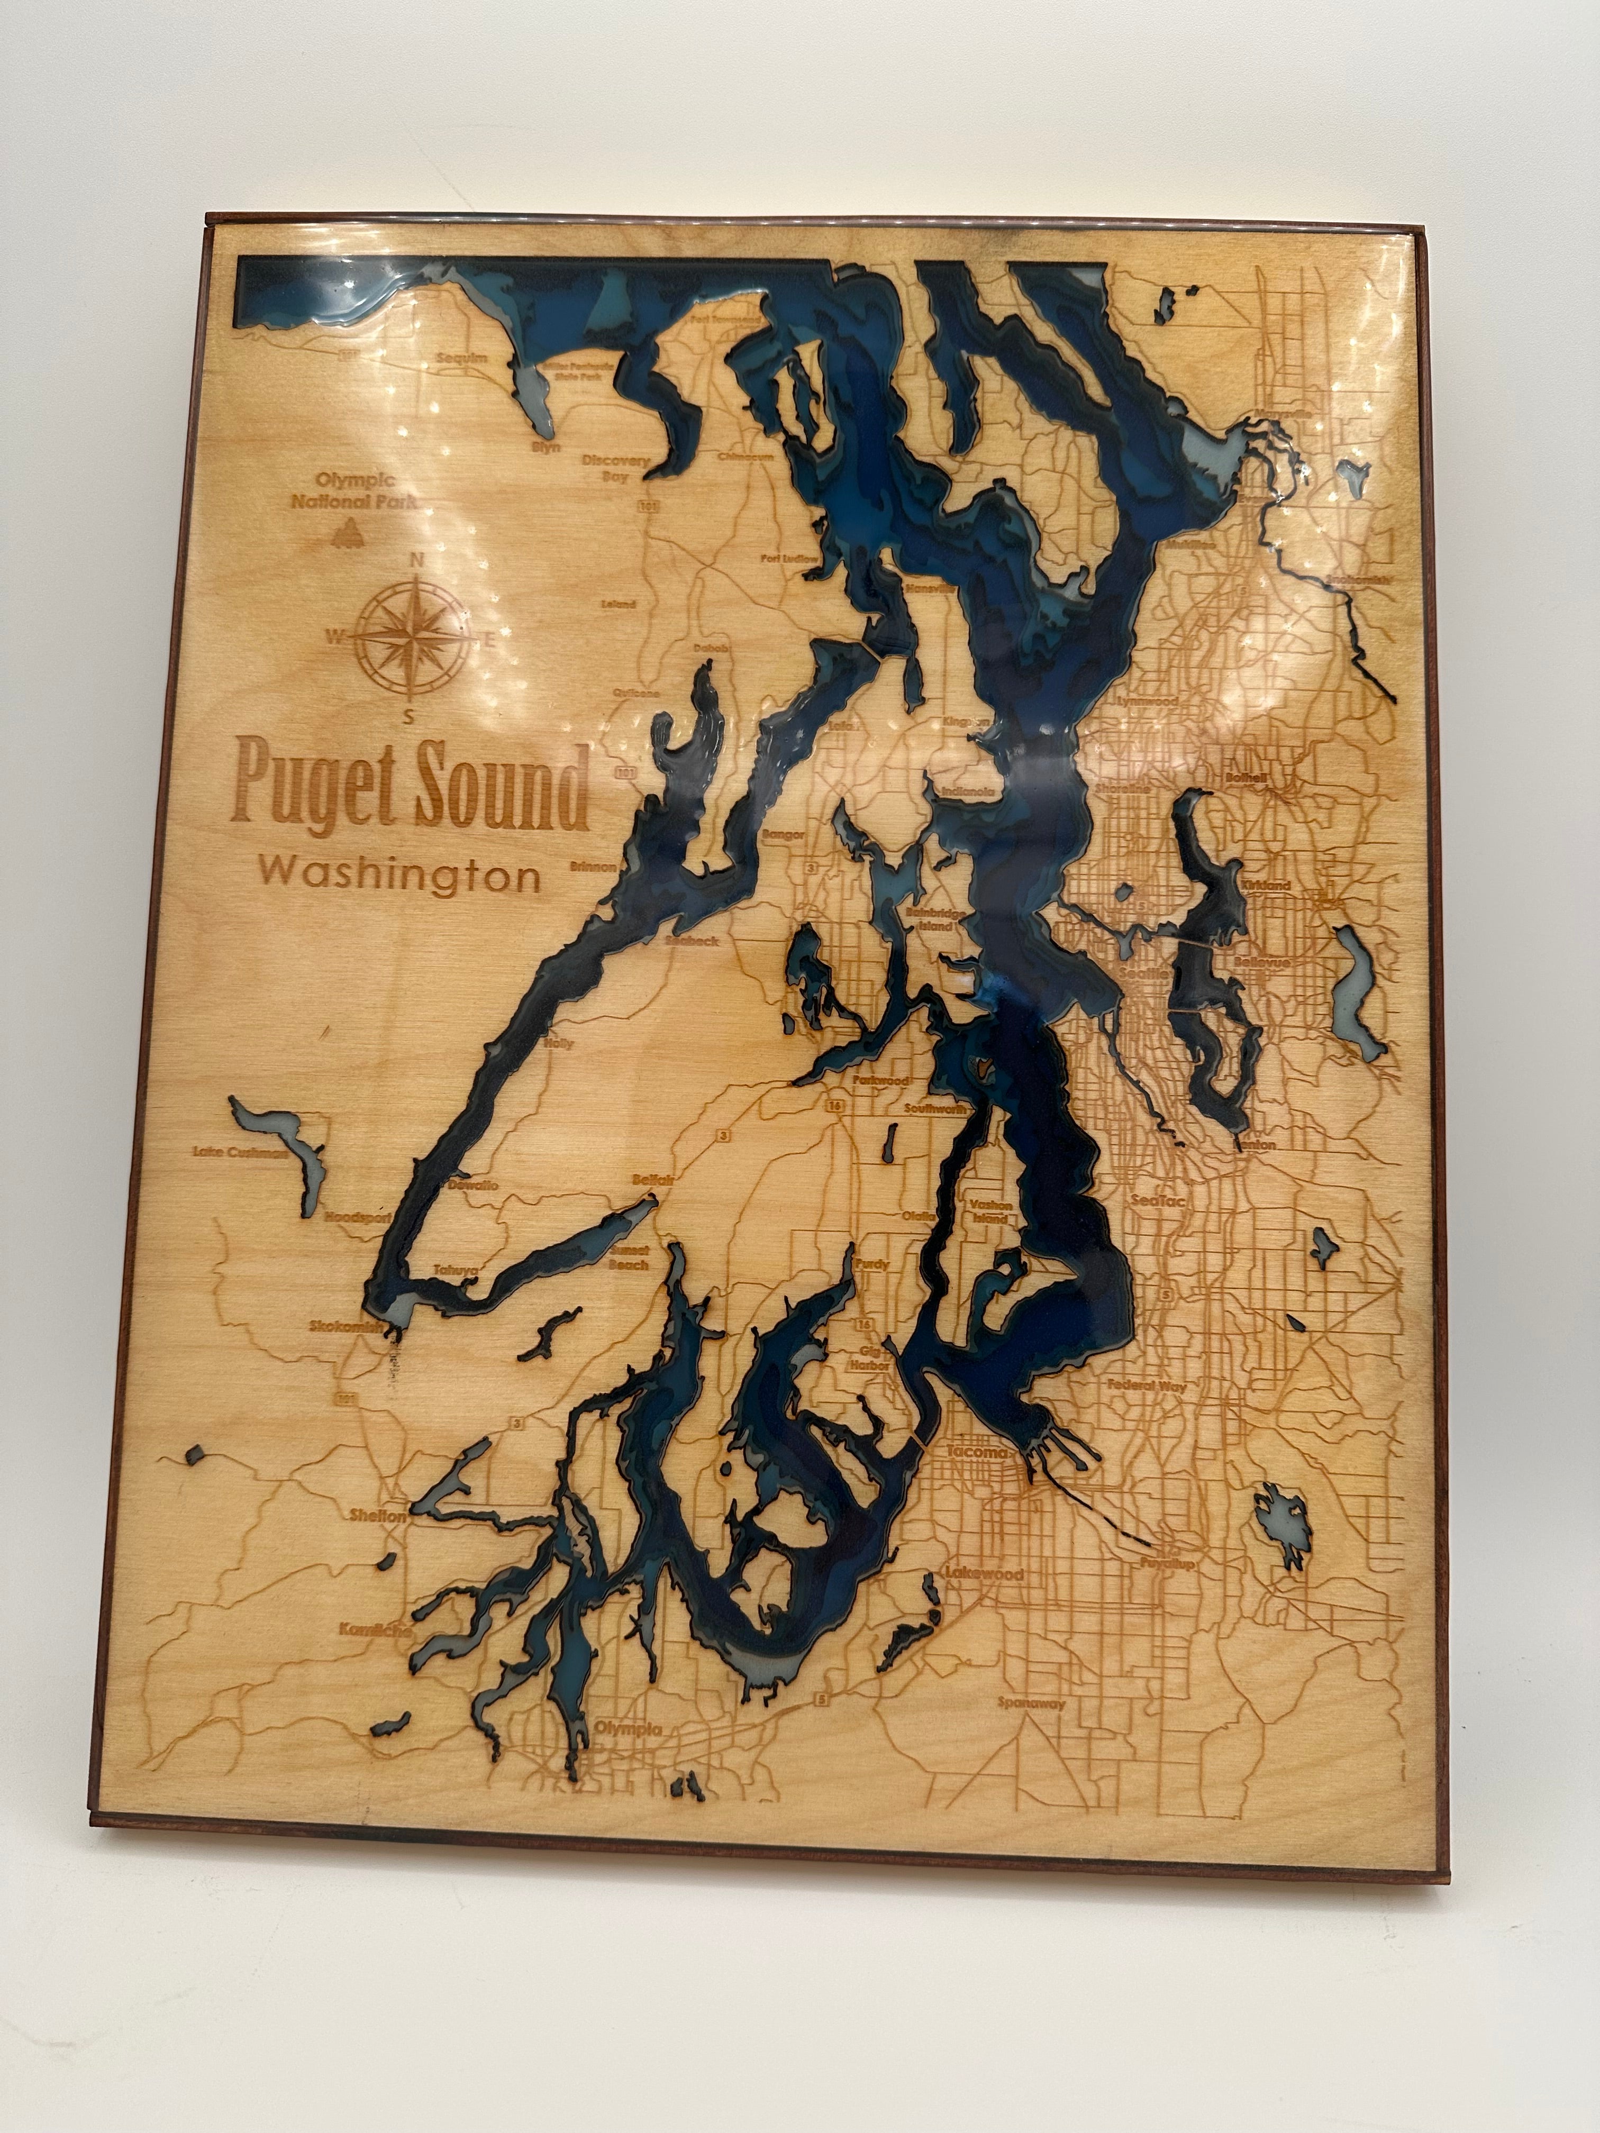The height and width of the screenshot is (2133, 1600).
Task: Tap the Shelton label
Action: pos(379,1515)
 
